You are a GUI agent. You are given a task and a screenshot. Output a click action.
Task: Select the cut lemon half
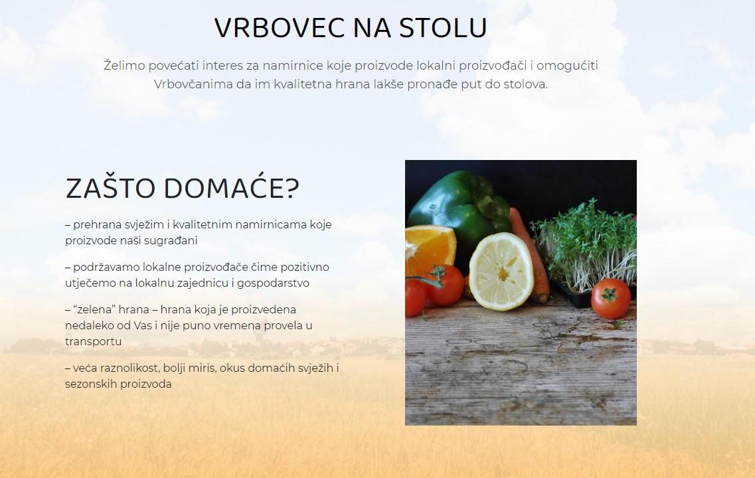tap(501, 272)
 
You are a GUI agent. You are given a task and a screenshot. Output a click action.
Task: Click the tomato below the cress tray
tap(610, 298)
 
